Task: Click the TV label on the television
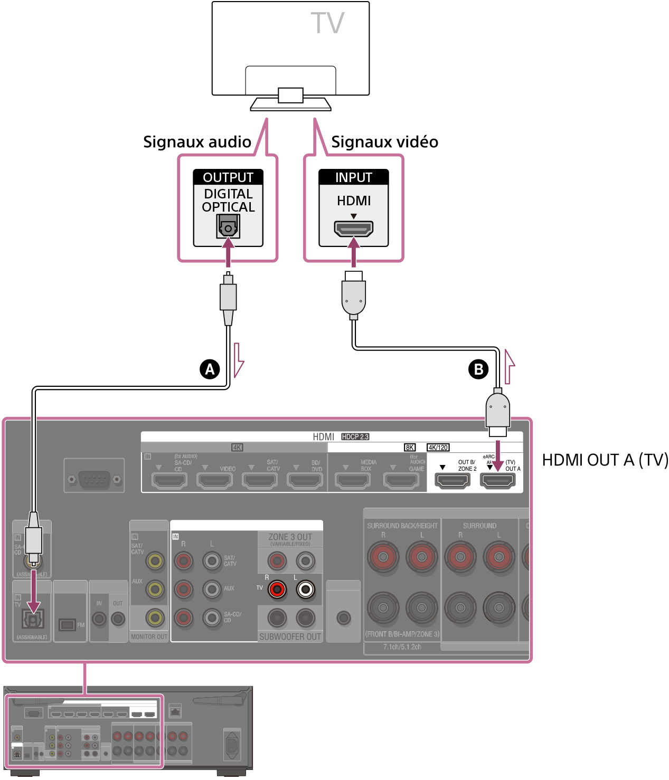pos(327,23)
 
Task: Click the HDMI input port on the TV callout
pos(353,229)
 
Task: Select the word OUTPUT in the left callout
pos(228,177)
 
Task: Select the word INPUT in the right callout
pos(353,177)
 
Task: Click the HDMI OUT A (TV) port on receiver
pos(497,480)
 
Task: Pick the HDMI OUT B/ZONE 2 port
pos(452,480)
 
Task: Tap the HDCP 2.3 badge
pos(355,437)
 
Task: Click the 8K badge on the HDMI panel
pos(410,448)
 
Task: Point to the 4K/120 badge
pos(438,448)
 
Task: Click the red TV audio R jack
pos(277,589)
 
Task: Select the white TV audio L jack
pos(306,589)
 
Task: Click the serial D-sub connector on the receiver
pos(94,479)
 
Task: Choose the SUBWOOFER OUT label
pos(290,636)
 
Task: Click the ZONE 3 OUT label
pos(290,537)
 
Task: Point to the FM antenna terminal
pos(67,625)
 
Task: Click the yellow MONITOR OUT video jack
pos(155,617)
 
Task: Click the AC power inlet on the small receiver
pos(232,745)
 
